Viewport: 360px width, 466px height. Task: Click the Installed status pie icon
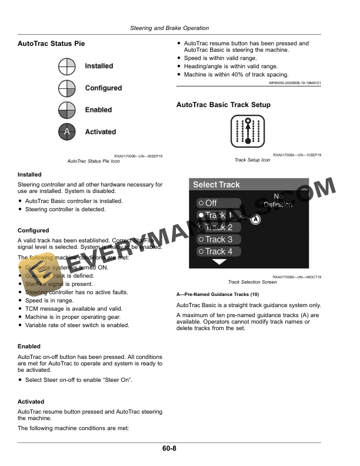67,66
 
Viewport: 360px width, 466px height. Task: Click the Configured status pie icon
67,88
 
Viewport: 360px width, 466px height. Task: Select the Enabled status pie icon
67,110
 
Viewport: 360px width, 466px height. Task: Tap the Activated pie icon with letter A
67,132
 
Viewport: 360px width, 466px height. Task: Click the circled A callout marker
255,219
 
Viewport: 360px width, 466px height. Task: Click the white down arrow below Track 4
219,262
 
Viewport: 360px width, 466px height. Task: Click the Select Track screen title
216,185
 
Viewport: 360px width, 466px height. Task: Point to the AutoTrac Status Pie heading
51,44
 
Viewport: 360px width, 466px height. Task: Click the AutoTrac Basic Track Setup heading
224,105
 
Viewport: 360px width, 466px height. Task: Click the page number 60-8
169,449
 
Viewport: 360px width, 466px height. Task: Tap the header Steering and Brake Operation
169,28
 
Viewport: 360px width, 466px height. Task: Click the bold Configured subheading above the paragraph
34,231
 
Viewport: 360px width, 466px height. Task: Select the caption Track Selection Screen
252,282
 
